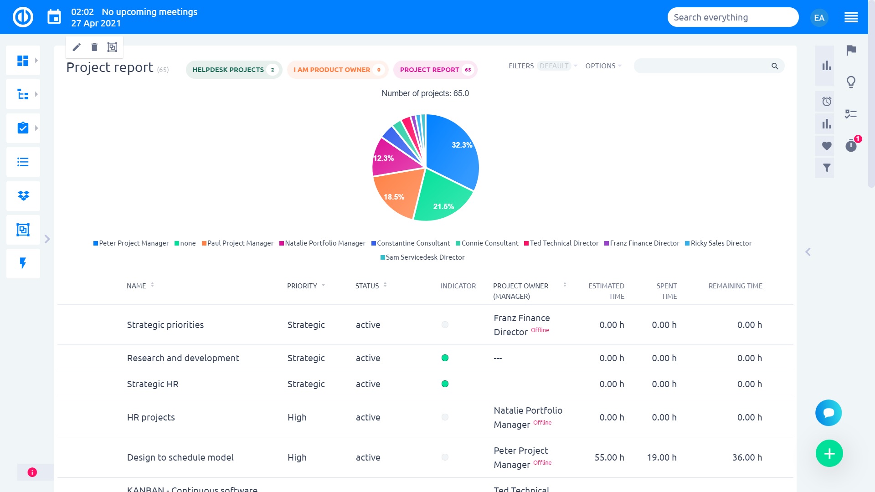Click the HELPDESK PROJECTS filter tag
233,70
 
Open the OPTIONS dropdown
602,66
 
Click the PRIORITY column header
302,286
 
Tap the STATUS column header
367,286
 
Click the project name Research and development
183,358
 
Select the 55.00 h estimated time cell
609,457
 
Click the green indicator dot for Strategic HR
445,384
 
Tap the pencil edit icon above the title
77,47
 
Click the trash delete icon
94,47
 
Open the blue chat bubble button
828,413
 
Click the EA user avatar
819,18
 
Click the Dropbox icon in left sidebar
23,196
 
